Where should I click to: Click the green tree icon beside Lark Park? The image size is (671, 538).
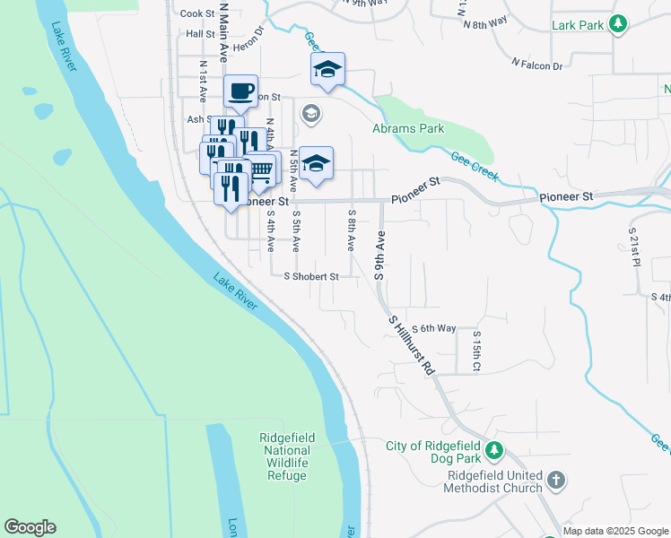click(x=617, y=25)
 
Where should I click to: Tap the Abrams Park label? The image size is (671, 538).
click(x=408, y=129)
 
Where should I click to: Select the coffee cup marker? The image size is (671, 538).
click(x=240, y=91)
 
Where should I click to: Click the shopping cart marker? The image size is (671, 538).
click(x=260, y=169)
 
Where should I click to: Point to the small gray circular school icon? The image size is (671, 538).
click(x=311, y=114)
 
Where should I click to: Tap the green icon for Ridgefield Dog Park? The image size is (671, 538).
click(x=493, y=449)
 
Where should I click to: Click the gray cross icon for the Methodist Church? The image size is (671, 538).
click(x=555, y=481)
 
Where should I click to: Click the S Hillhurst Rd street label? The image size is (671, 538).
click(x=412, y=344)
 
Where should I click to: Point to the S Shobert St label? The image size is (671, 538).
click(x=311, y=277)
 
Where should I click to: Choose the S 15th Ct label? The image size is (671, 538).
click(x=477, y=351)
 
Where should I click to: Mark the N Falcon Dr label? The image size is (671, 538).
click(x=536, y=65)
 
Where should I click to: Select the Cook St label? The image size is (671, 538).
click(x=197, y=13)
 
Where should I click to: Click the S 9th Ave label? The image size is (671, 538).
click(x=380, y=256)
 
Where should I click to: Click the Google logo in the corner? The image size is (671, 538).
click(x=30, y=527)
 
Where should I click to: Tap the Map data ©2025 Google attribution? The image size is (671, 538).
click(x=614, y=531)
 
